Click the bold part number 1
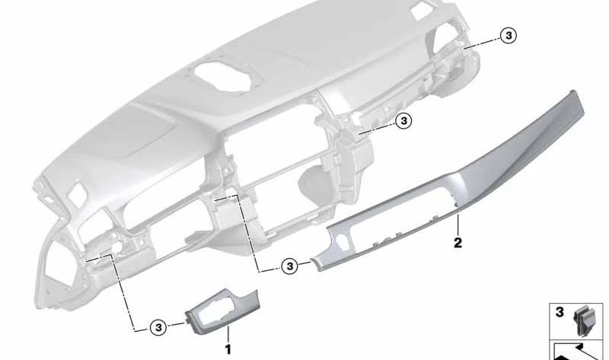point(227,349)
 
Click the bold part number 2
point(458,243)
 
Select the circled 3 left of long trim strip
point(289,266)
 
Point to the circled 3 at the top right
point(509,35)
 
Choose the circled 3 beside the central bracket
point(403,120)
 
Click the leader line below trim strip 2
point(458,225)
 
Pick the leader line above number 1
point(227,335)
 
